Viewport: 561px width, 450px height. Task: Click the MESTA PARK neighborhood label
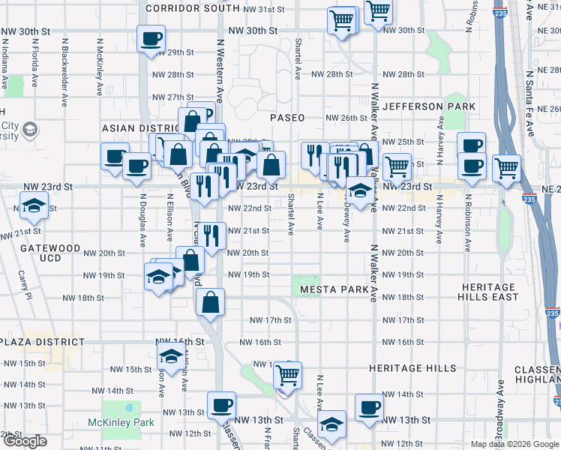(x=334, y=289)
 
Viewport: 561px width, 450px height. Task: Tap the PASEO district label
(x=287, y=118)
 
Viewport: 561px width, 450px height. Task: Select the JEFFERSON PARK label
(x=428, y=106)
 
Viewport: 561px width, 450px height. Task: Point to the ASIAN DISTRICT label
(x=138, y=129)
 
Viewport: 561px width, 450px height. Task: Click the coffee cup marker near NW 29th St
(x=151, y=38)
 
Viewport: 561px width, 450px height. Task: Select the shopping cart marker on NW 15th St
(x=287, y=374)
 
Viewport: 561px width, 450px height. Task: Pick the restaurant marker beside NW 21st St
(x=212, y=235)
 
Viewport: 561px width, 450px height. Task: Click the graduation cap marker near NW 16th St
(x=171, y=358)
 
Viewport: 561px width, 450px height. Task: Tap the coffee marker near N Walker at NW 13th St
(x=368, y=407)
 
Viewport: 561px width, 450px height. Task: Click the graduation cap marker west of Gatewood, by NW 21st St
(x=33, y=205)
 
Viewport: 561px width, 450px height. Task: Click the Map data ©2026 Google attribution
(x=514, y=444)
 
